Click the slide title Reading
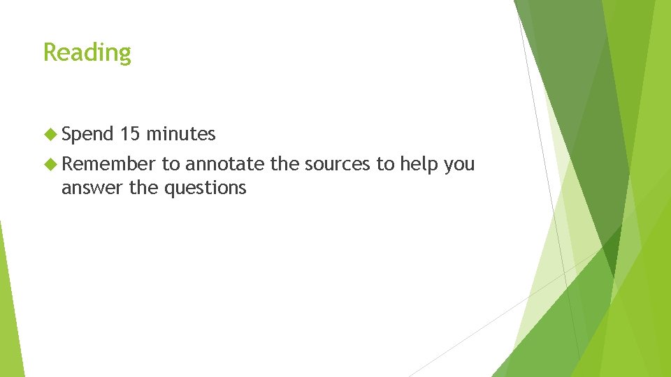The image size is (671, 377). coord(87,53)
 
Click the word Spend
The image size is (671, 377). coord(87,133)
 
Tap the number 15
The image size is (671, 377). coord(131,133)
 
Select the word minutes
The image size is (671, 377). coord(181,133)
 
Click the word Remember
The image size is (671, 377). coord(108,164)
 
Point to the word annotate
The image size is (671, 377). coord(225,164)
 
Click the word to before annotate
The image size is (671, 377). coord(171,164)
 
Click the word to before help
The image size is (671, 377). coord(386,164)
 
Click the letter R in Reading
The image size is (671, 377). coord(50,52)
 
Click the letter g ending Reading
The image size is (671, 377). coord(124,55)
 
